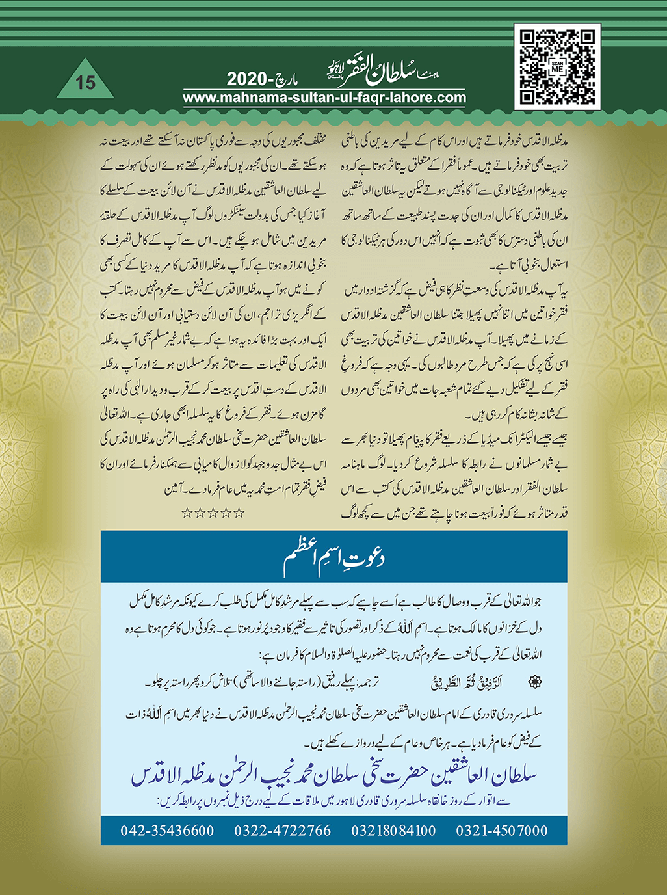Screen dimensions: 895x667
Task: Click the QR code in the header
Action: pos(556,67)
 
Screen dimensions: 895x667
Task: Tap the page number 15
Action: pos(85,83)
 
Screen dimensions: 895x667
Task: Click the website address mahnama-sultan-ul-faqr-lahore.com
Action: pos(324,98)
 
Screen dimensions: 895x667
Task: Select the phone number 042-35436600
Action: pos(167,831)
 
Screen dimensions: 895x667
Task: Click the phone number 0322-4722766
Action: pos(282,831)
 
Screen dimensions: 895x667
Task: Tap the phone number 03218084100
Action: pos(393,831)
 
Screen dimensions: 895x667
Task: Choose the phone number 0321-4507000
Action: pos(501,831)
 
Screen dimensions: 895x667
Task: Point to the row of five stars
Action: pos(213,513)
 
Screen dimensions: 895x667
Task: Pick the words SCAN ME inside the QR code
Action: pos(556,67)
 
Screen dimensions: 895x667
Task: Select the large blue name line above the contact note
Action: pos(333,775)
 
